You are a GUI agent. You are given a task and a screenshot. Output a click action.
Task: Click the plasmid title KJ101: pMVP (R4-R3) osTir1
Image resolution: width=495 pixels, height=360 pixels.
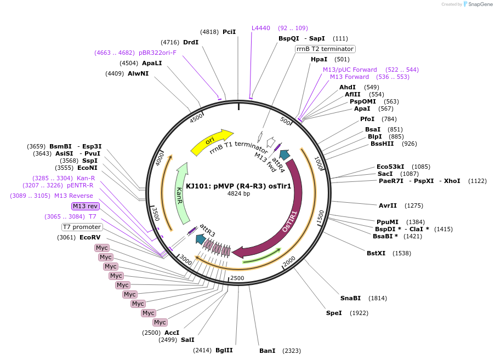[238, 186]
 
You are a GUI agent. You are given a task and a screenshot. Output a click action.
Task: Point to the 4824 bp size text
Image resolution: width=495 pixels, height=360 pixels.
[238, 193]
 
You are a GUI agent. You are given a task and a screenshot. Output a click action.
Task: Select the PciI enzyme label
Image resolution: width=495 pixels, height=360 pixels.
[229, 32]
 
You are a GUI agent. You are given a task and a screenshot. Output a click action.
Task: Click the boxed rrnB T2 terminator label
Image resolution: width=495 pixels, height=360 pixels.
[325, 49]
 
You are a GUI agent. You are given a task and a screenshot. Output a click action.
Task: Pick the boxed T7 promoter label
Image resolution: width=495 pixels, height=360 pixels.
[82, 227]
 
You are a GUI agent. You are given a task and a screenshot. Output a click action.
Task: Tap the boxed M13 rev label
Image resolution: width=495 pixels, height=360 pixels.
[86, 206]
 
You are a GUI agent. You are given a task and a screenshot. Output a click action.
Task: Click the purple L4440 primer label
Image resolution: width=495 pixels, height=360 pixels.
[261, 28]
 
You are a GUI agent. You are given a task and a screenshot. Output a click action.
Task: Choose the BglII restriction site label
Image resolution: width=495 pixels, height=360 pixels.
[224, 350]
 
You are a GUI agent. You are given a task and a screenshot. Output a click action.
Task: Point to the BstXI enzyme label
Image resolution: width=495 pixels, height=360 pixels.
[377, 253]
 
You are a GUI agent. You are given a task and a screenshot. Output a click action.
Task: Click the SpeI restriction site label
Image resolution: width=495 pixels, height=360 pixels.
[334, 313]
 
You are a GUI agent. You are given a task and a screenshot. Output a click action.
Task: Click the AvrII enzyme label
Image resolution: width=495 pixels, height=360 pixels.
[388, 205]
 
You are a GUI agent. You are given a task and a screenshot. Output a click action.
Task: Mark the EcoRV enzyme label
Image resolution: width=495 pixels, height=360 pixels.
[90, 237]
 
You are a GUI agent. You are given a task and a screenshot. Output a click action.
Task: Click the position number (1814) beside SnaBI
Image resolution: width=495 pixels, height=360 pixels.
[378, 298]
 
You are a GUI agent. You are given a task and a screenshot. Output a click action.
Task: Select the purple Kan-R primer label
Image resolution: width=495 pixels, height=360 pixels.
[86, 178]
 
